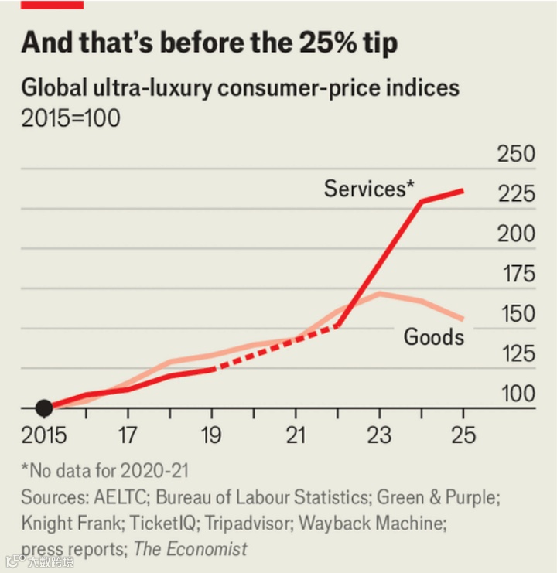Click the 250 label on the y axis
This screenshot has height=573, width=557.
[x=516, y=154]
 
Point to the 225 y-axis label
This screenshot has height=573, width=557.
[x=516, y=193]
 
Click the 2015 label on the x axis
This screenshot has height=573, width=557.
[x=44, y=435]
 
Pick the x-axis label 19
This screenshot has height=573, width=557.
[x=211, y=435]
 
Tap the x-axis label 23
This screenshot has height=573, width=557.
[x=378, y=435]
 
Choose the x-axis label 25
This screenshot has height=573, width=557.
[x=462, y=435]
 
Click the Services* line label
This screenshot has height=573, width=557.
[x=369, y=188]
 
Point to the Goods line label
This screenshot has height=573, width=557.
[x=434, y=336]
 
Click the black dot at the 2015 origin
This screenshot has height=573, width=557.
[x=44, y=408]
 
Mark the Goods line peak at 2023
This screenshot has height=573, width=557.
[x=379, y=294]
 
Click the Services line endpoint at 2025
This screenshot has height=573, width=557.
[x=463, y=190]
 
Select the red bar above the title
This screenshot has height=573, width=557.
[x=52, y=5]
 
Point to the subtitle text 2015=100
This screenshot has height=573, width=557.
[x=70, y=120]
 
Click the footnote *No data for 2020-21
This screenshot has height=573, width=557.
[x=105, y=470]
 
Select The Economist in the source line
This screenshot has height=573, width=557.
[x=190, y=549]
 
